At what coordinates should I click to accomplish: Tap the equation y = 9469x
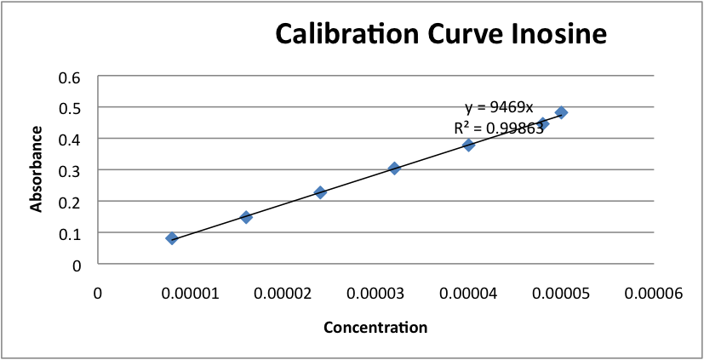click(x=499, y=107)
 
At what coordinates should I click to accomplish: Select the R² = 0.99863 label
click(x=499, y=129)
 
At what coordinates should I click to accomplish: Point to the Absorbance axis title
click(x=37, y=169)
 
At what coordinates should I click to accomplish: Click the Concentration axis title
click(x=375, y=327)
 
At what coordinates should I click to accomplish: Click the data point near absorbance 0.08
click(x=172, y=238)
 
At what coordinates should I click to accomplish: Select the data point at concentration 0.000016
click(x=246, y=217)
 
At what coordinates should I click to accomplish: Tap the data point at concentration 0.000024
click(x=320, y=192)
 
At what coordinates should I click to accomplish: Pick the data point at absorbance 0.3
click(x=394, y=169)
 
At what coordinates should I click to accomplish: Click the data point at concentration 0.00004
click(x=468, y=145)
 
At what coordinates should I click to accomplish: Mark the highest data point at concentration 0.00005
click(x=561, y=112)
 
